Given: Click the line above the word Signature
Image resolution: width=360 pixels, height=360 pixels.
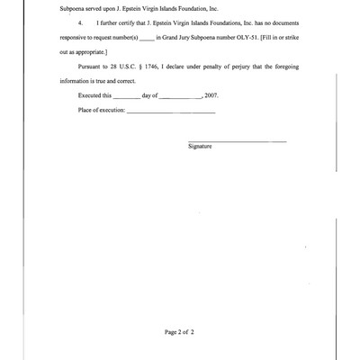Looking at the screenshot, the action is (238, 140).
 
